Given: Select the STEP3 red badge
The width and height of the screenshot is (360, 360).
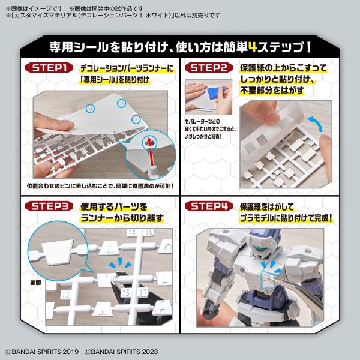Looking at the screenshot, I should (x=55, y=207).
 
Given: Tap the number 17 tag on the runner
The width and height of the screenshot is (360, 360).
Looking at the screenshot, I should (x=142, y=292).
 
